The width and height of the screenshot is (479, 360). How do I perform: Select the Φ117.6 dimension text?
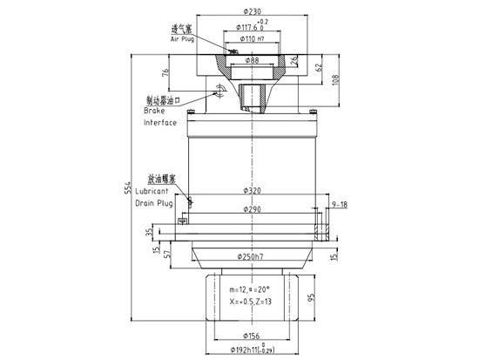(246, 26)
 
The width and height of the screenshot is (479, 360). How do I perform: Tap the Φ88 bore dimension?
(251, 60)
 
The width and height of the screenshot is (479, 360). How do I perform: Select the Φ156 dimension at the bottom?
(251, 336)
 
